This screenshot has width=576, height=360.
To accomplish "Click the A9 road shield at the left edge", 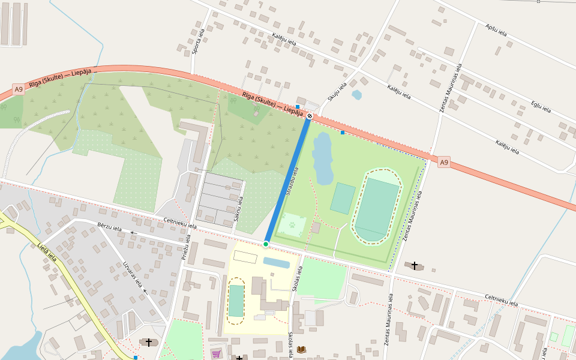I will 19,89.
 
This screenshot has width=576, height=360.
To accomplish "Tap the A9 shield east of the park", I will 443,162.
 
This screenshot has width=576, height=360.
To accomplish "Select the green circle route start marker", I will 266,244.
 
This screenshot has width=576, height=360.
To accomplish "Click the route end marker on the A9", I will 310,116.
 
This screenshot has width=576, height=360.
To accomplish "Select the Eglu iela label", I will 541,106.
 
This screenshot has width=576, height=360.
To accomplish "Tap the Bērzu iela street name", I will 109,227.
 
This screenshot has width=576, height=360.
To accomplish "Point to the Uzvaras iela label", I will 133,274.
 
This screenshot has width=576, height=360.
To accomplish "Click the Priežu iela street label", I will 186,248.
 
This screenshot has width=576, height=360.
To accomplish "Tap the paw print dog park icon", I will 292,225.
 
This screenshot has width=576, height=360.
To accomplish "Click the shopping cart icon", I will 216,353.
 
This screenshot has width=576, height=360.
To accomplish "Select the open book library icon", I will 301,349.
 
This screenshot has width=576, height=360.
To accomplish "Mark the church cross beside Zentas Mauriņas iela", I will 414,265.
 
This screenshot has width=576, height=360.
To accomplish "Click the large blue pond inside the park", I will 322,158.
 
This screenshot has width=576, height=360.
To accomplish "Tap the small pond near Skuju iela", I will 357,95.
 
